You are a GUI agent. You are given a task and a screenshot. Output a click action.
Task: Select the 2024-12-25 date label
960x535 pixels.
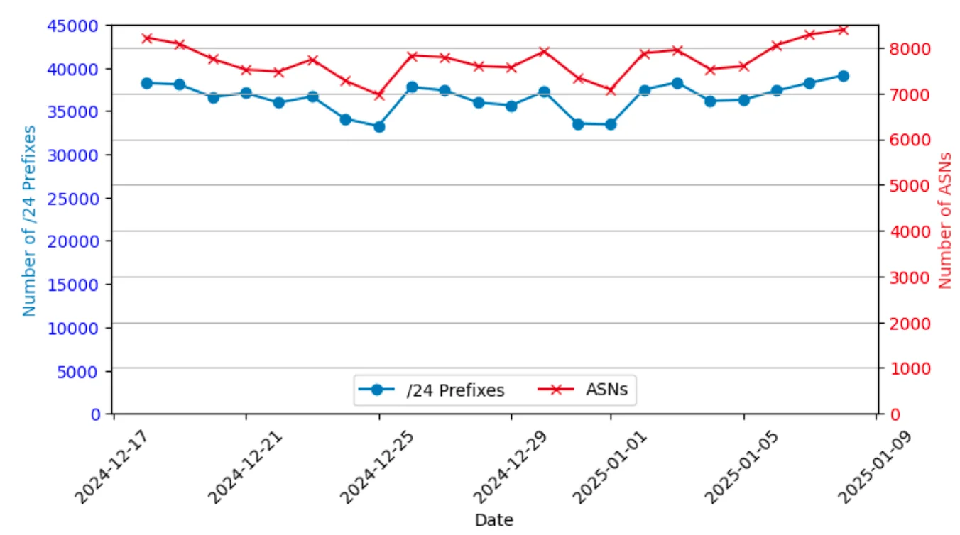(376, 462)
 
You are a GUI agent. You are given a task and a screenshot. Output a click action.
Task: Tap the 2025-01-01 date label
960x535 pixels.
(608, 462)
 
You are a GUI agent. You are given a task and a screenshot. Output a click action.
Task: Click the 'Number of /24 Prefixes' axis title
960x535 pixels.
(29, 221)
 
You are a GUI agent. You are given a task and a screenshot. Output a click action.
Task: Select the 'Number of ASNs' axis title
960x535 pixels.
(944, 219)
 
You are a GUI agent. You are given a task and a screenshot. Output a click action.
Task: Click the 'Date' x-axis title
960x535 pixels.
(493, 519)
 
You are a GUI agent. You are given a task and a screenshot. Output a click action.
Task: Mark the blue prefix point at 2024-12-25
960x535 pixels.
(379, 127)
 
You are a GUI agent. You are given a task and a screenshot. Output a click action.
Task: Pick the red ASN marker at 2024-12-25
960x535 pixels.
(379, 94)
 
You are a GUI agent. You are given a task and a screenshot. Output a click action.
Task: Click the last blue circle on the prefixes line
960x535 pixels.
(843, 76)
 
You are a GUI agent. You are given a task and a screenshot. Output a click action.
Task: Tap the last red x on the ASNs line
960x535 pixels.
(843, 30)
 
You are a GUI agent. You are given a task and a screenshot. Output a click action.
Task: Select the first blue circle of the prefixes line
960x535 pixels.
(147, 83)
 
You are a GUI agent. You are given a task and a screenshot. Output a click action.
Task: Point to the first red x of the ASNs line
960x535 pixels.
(147, 38)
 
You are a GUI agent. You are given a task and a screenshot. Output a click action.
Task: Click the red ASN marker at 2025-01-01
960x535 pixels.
(611, 90)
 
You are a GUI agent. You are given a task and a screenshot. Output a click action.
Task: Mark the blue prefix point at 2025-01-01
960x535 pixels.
(611, 125)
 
